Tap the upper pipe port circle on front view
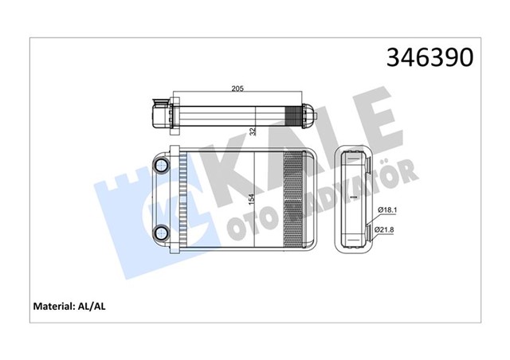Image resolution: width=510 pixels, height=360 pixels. tap(163, 166)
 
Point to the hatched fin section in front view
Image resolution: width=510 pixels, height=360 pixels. tap(295, 199)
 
